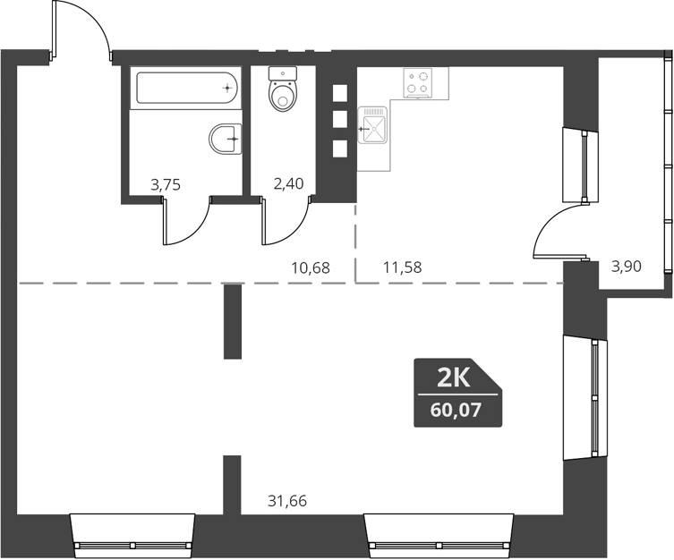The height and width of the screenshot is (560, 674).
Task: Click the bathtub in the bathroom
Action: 187,89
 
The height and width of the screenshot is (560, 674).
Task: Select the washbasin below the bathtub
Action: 226,139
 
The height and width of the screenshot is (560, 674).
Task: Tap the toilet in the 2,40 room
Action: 283,91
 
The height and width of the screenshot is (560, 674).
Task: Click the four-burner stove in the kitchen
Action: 417,82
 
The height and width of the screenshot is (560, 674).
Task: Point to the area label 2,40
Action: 263,185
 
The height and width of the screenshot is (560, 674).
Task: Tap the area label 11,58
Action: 402,267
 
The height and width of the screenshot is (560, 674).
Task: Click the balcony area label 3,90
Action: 626,267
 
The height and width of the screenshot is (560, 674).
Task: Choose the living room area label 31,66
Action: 287,501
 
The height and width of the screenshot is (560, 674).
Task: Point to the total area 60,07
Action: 456,412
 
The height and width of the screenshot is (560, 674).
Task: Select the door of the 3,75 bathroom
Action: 183,224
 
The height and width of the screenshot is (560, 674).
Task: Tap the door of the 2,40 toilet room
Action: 285,224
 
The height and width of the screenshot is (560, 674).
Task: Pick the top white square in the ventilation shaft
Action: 339,91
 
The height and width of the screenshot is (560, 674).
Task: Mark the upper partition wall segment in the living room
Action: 233,321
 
